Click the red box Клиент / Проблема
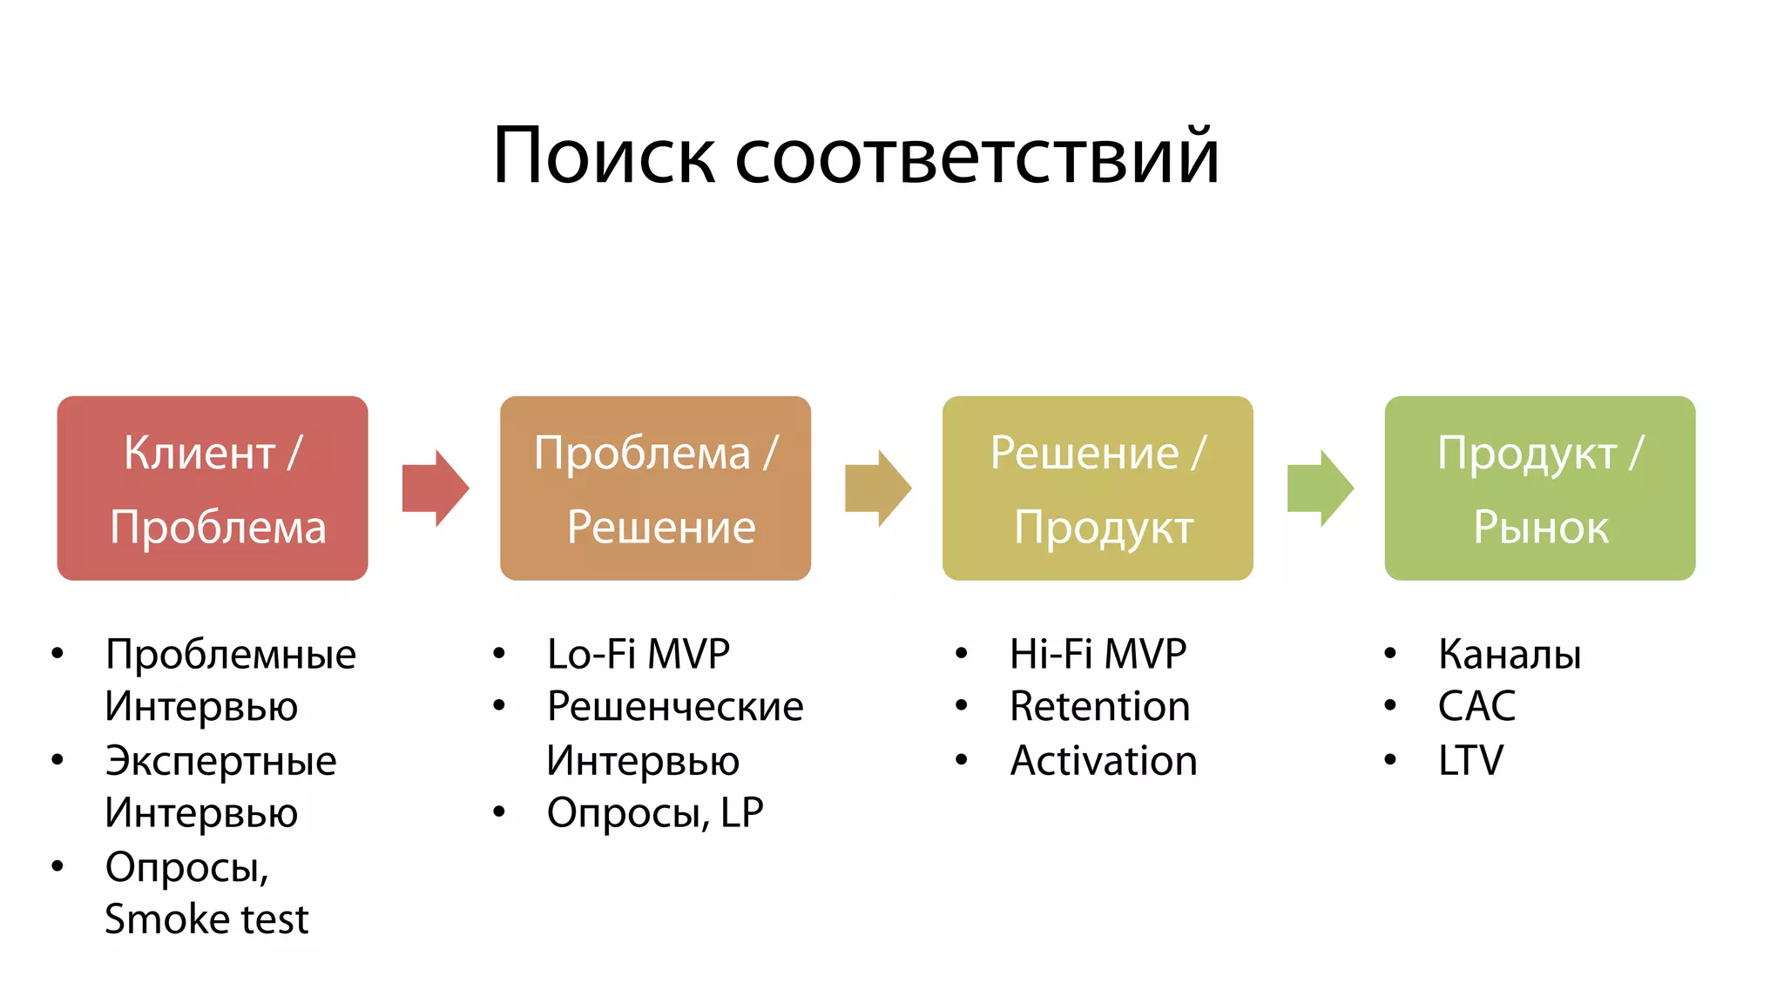213,488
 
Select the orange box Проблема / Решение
655,488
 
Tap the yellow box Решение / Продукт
1098,488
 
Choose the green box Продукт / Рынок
1540,488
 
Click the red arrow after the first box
435,488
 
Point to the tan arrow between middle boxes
877,488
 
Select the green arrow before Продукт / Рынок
1320,488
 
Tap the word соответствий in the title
976,157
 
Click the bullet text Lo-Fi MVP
639,654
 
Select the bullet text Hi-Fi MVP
1098,654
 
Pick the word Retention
1099,706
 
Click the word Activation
1104,761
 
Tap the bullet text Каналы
1510,654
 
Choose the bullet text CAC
1477,706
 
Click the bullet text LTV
1470,761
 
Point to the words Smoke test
206,919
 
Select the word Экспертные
220,761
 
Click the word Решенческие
675,706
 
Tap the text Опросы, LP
655,813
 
